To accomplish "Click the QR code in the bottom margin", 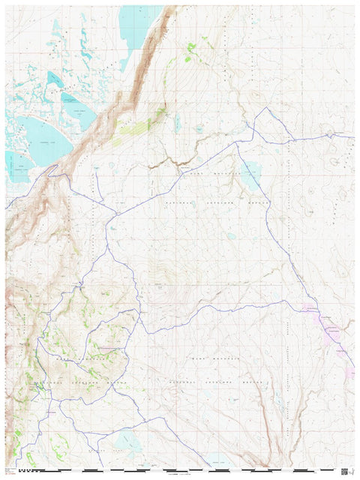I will (x=344, y=471).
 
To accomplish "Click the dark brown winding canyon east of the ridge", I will (x=169, y=162).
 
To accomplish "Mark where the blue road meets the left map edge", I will (x=7, y=205).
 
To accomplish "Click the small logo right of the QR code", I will (x=352, y=471).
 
